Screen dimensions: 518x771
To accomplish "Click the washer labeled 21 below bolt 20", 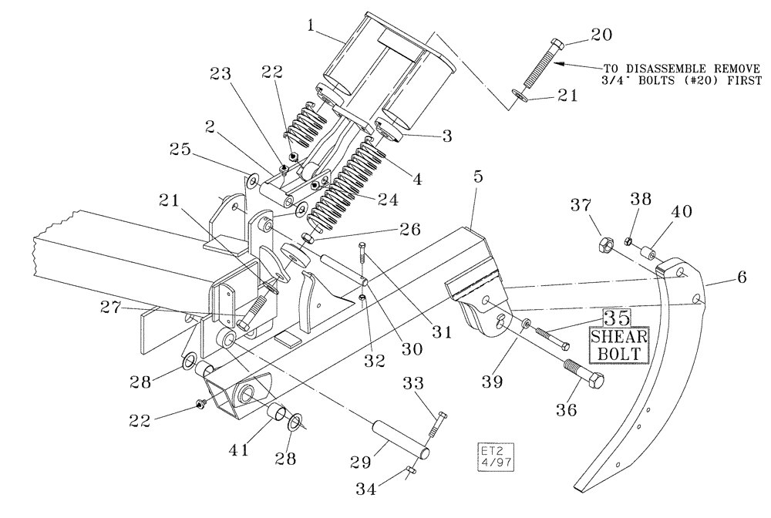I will (x=520, y=96).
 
